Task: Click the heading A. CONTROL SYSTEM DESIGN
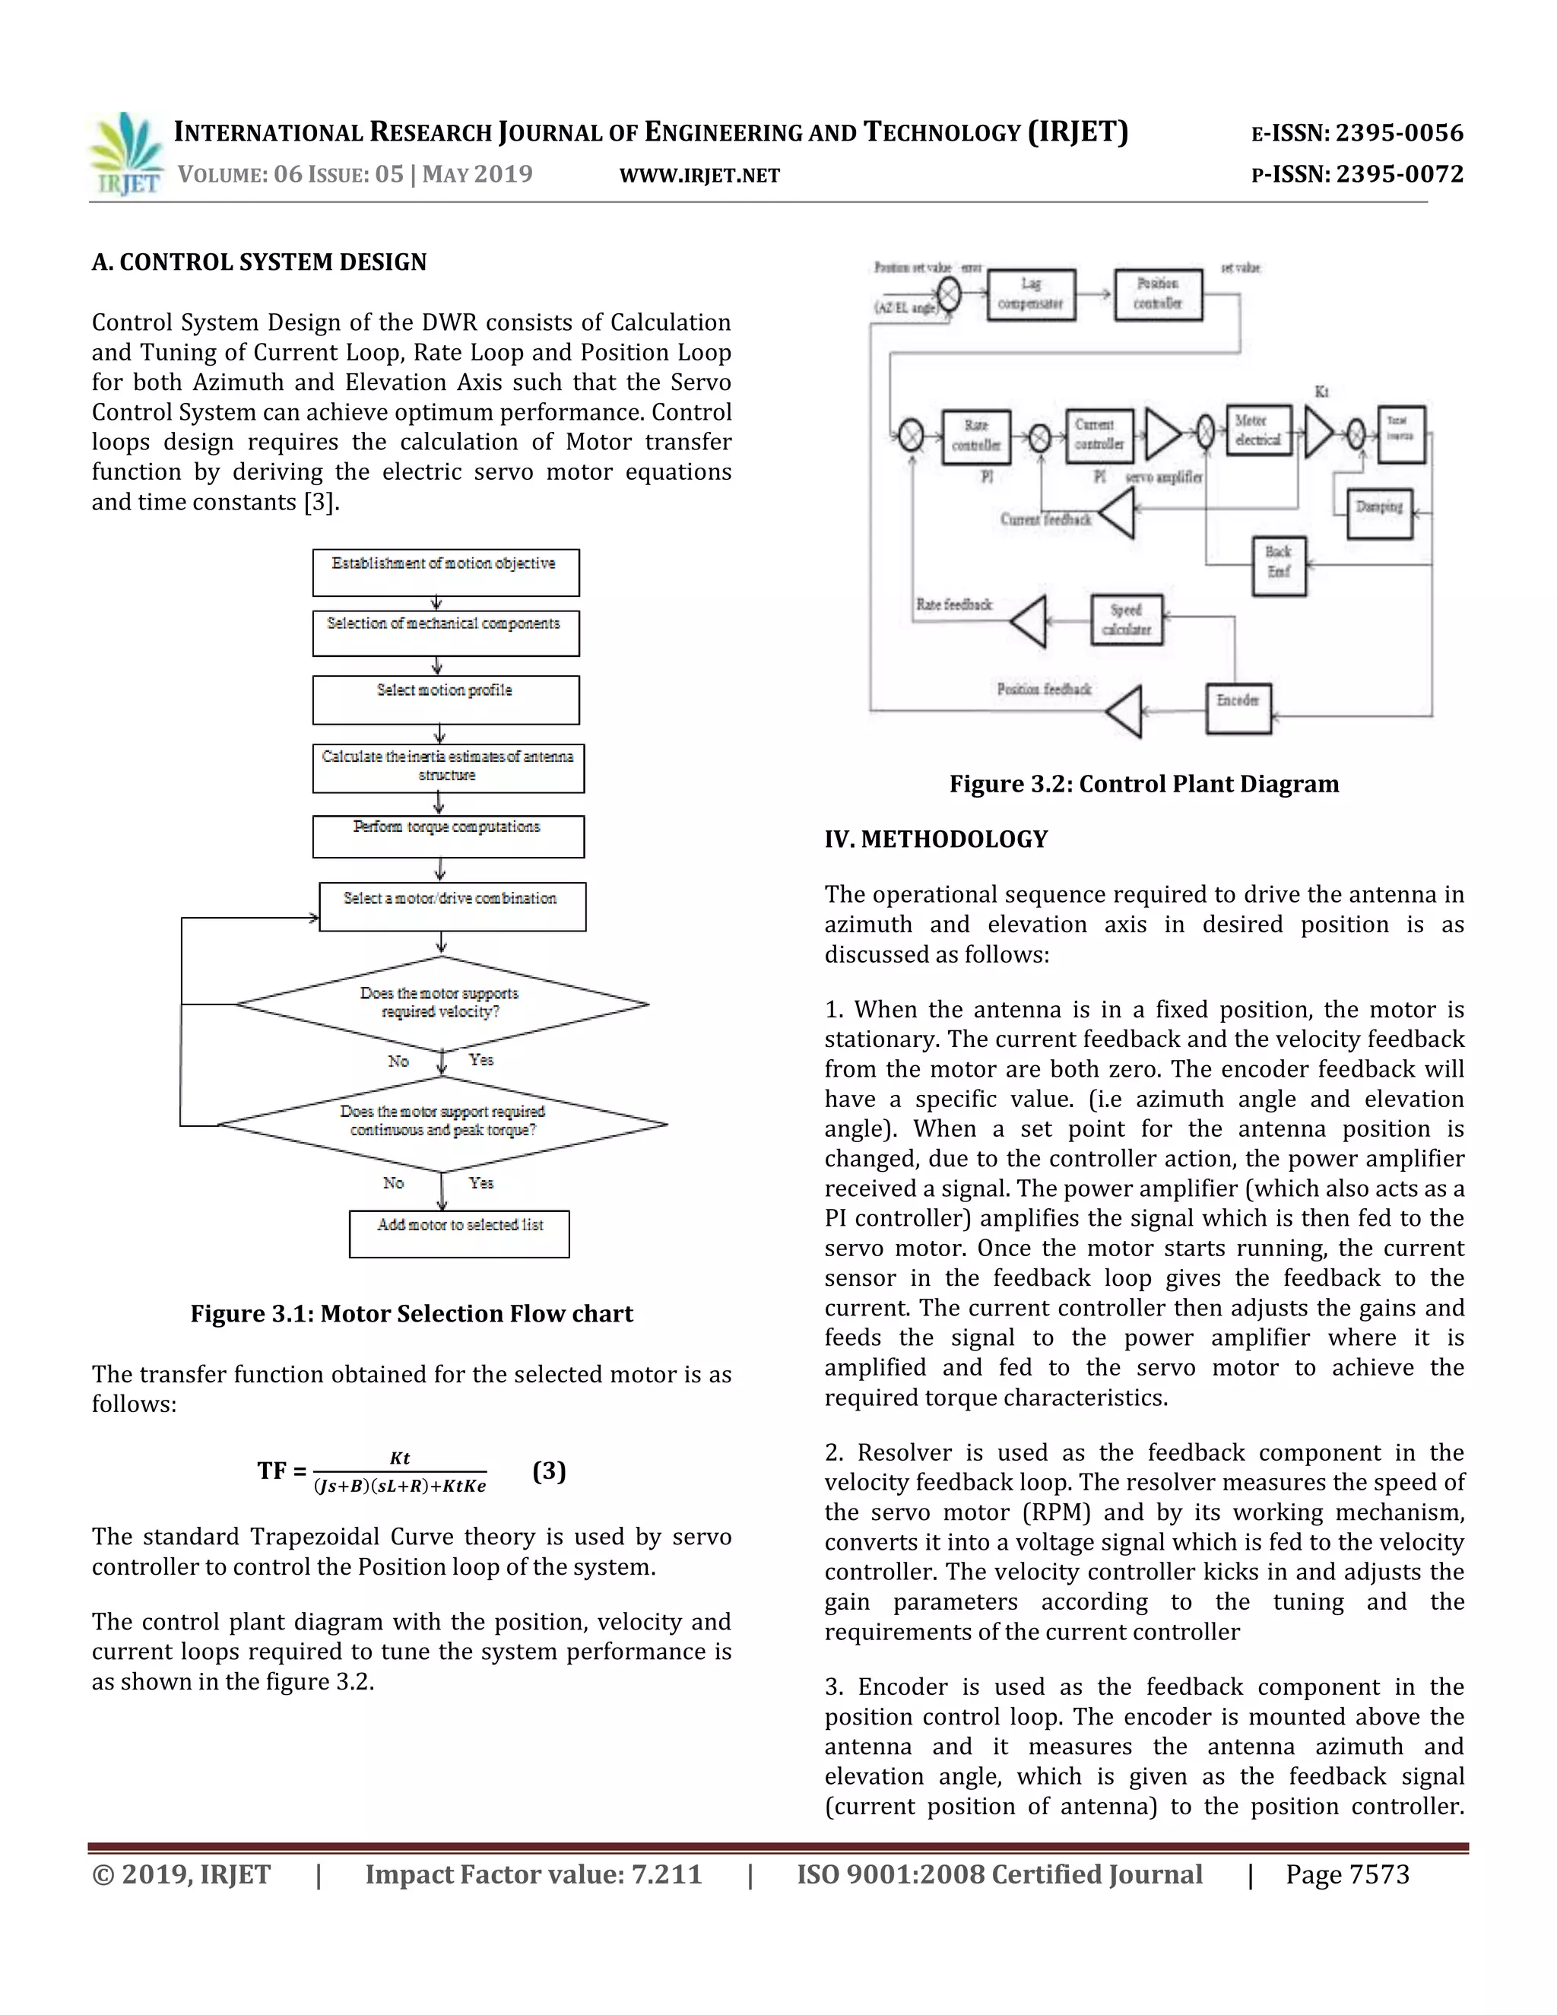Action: click(x=259, y=262)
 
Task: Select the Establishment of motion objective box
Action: click(x=446, y=572)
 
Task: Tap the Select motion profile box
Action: click(x=446, y=700)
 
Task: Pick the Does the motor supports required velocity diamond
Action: click(x=442, y=1003)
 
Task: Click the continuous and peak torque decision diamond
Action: click(x=442, y=1123)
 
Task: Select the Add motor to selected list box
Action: click(x=459, y=1233)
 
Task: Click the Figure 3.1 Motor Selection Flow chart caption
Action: click(x=411, y=1313)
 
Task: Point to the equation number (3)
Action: click(x=549, y=1470)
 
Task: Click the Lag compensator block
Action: click(x=1030, y=294)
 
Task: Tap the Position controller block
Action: click(x=1158, y=294)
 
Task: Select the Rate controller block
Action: click(x=976, y=436)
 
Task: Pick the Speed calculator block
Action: click(x=1126, y=619)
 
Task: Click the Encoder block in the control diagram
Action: click(x=1238, y=708)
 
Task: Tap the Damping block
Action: click(x=1379, y=513)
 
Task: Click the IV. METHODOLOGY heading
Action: click(x=935, y=839)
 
